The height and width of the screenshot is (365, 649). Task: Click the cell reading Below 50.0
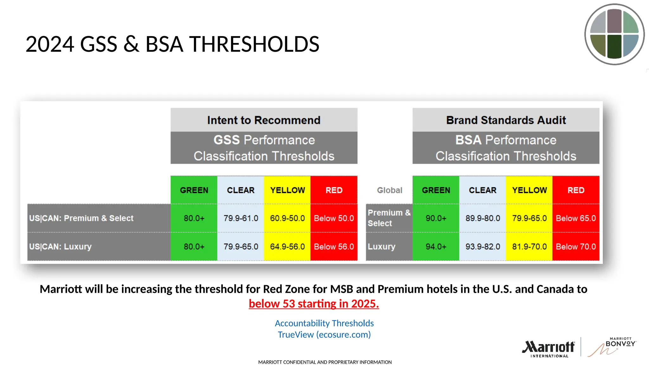pos(334,218)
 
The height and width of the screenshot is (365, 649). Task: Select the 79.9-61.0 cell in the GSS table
pos(241,218)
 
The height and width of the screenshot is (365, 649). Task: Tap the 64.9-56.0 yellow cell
pos(287,247)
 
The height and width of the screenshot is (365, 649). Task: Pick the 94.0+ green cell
pos(436,247)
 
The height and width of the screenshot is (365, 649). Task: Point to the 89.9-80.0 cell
pos(483,218)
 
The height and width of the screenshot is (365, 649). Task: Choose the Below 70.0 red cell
pos(576,247)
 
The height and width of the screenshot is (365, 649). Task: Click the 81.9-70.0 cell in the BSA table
pos(529,247)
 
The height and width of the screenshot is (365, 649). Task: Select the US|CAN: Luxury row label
pos(60,247)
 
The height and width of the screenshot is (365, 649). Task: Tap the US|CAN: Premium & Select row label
pos(81,218)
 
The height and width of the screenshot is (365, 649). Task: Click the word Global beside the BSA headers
pos(389,190)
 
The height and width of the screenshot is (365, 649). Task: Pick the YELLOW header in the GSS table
pos(287,190)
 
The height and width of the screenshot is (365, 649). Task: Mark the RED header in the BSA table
pos(576,190)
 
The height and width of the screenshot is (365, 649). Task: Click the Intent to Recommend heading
pos(264,120)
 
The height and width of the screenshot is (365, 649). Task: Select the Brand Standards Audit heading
pos(506,120)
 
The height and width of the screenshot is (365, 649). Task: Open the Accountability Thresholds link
pos(324,323)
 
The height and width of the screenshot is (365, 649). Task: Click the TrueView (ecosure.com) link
pos(324,335)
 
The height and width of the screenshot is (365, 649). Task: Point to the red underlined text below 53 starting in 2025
pos(314,304)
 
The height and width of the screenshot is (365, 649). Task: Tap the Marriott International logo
pos(548,349)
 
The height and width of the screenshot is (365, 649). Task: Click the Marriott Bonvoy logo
pos(612,347)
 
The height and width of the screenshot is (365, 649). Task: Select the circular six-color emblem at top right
pos(614,34)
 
